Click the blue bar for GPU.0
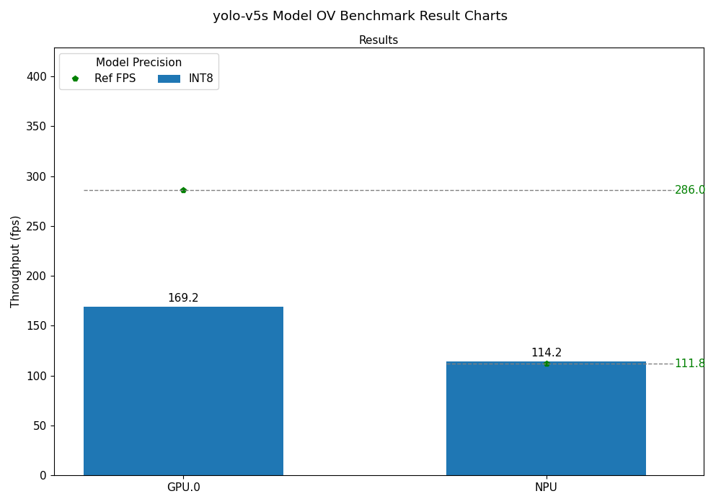pos(183,391)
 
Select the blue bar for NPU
pos(546,418)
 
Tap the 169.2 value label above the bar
pos(183,298)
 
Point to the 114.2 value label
pos(546,353)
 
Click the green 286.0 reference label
pos(689,190)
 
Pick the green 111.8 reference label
pos(689,364)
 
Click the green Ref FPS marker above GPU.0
pos(183,190)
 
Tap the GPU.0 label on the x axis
pos(183,487)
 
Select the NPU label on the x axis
pos(546,487)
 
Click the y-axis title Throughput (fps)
pos(16,261)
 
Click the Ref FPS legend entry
pos(114,78)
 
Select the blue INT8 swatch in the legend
pos(169,78)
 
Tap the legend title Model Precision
pos(138,63)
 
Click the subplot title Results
pos(379,40)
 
